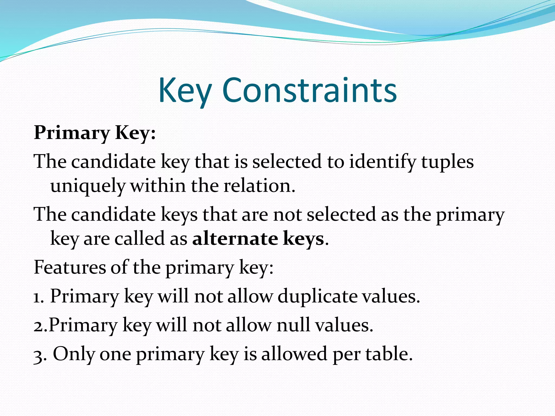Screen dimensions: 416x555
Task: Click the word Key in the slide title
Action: [x=185, y=91]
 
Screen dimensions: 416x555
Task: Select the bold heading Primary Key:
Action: [x=95, y=133]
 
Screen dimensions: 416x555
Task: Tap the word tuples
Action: [x=447, y=162]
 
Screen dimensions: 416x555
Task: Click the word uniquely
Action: [x=88, y=187]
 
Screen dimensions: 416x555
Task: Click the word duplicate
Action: [x=318, y=296]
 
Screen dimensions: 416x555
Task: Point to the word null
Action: [x=293, y=325]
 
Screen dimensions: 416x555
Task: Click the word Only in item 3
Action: [x=74, y=354]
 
